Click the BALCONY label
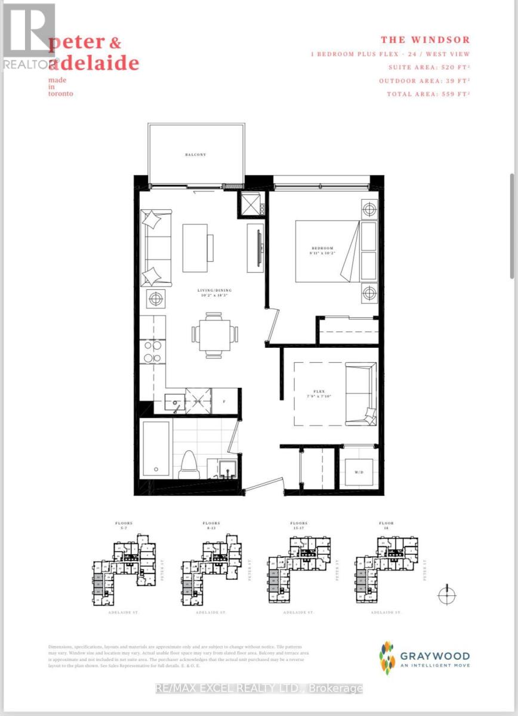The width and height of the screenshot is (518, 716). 195,155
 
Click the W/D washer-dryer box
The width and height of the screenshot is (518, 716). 359,473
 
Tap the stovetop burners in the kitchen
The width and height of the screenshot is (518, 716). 153,351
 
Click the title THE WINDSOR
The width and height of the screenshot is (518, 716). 425,40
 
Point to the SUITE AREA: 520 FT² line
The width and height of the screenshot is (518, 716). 428,67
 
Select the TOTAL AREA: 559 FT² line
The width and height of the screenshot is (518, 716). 428,94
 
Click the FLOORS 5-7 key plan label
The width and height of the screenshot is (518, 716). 124,525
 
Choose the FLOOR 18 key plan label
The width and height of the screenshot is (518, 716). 386,525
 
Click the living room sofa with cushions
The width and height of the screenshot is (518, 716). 156,248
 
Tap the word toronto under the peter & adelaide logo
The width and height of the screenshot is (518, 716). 61,93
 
